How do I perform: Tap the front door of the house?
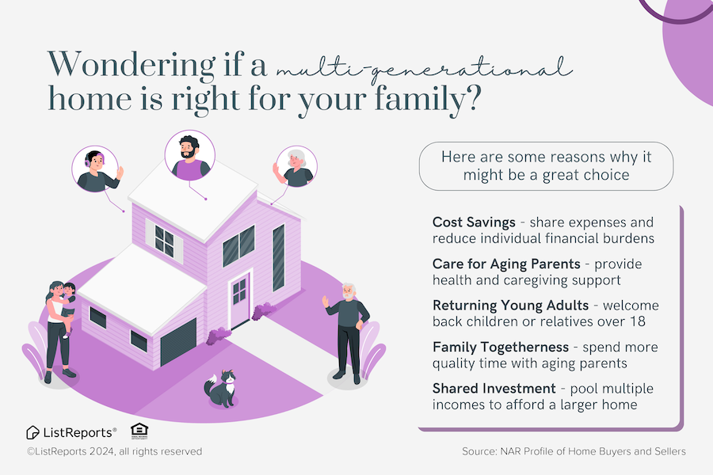[239, 302]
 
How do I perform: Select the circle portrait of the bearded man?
[189, 156]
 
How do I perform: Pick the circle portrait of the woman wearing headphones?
[97, 168]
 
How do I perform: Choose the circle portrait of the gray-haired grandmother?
[295, 166]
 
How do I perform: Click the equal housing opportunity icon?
[140, 431]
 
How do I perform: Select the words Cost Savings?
[474, 222]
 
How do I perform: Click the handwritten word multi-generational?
[423, 67]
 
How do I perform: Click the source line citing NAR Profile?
[574, 451]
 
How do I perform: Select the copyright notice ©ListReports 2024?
[114, 451]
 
